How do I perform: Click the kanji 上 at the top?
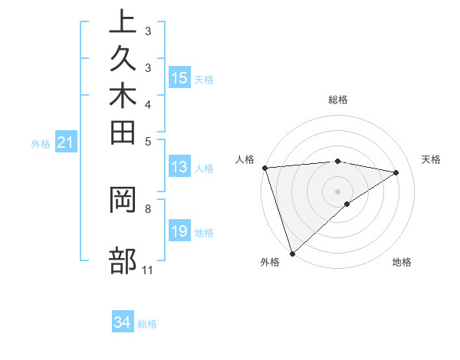point(123,24)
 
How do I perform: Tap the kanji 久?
point(123,62)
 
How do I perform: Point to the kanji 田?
point(123,135)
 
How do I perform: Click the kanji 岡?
point(123,201)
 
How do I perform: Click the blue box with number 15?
point(179,78)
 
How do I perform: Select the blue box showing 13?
point(179,168)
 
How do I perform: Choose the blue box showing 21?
point(66,142)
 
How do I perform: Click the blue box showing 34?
point(123,323)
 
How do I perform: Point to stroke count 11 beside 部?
point(148,270)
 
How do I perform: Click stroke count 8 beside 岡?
point(148,208)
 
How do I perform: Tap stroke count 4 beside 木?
point(148,103)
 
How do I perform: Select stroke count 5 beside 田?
point(148,141)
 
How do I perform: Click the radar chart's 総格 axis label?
point(338,100)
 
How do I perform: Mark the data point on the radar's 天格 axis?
point(396,172)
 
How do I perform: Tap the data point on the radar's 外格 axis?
point(292,253)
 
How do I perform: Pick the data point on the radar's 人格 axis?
point(264,168)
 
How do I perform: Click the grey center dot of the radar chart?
point(338,191)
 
